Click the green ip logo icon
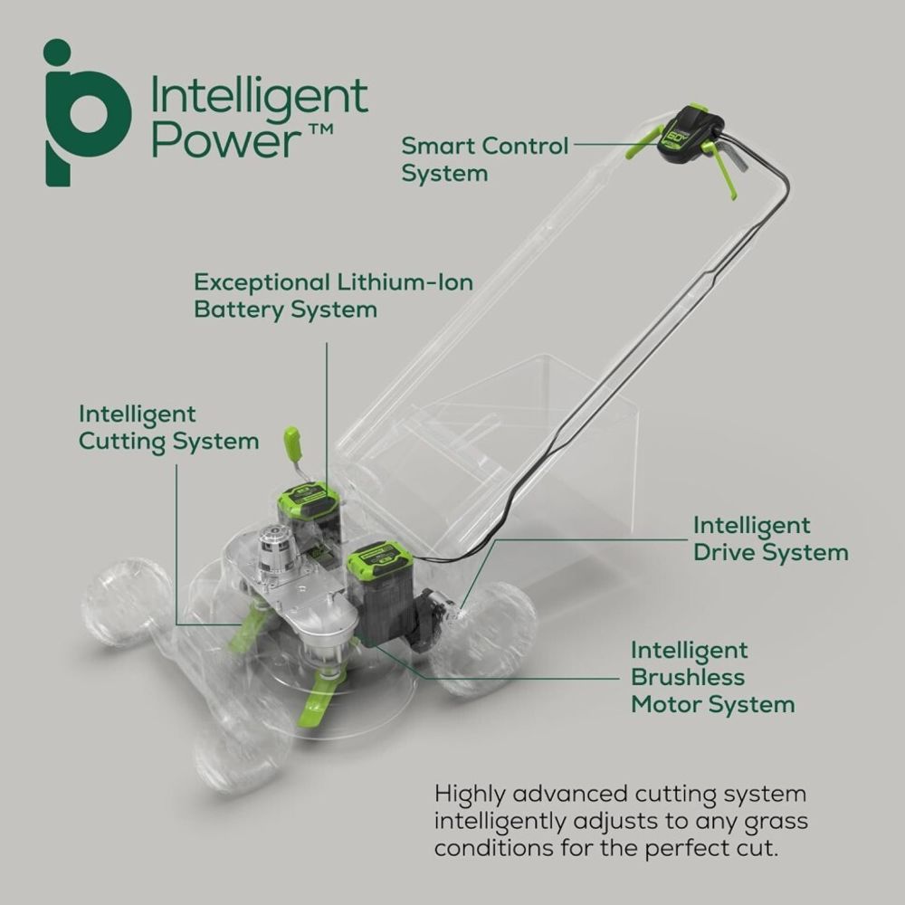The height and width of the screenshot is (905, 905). pos(86,113)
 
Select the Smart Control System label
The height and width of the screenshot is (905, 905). pos(485,158)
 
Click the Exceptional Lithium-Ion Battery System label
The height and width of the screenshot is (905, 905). pos(333,295)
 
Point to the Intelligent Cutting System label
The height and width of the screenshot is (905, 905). pos(168,428)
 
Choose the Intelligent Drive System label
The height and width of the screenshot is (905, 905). pos(770,538)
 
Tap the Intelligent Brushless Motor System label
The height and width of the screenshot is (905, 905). pos(712,677)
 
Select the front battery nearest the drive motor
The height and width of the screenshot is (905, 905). pos(382,593)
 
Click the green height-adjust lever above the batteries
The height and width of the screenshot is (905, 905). pos(292,444)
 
